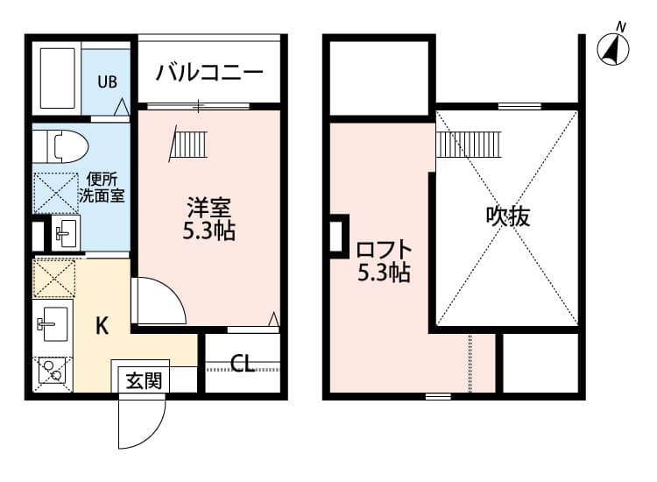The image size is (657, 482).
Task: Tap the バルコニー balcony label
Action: [210, 73]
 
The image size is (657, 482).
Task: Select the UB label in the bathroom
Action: [107, 82]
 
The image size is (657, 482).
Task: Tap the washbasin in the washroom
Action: [63, 232]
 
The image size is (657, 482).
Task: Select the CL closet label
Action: [243, 363]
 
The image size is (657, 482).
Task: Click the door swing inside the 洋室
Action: [158, 302]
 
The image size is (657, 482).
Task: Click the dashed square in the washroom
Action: [54, 191]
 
